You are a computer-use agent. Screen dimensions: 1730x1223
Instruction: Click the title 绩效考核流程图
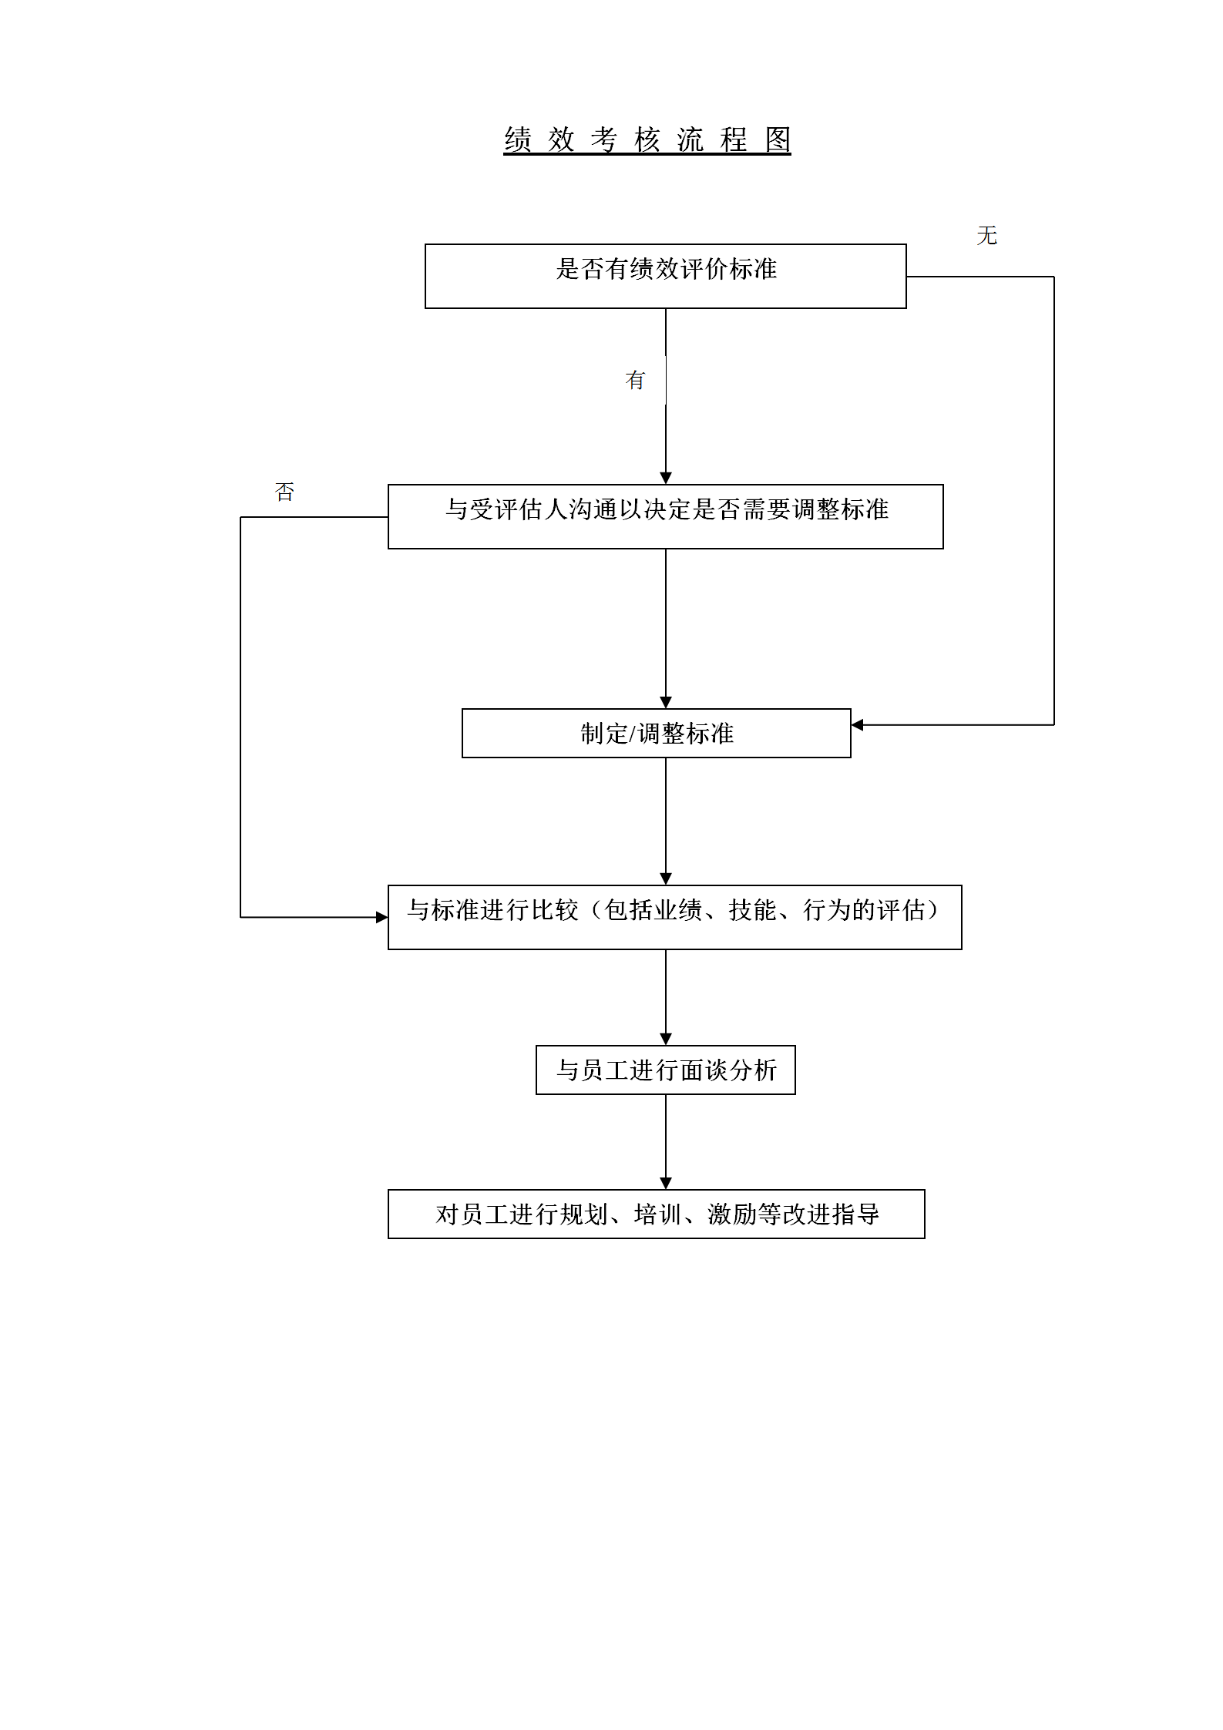pos(647,139)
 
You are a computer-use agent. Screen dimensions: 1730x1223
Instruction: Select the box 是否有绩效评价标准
pos(665,276)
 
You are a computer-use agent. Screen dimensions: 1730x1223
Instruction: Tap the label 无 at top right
pos(986,236)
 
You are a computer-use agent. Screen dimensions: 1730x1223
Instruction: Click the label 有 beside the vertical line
pos(635,380)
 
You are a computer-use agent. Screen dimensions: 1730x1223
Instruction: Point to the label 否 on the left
pos(284,492)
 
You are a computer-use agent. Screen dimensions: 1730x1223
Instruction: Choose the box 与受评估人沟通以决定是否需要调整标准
pos(665,516)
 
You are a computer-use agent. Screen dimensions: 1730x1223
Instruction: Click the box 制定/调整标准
pos(656,733)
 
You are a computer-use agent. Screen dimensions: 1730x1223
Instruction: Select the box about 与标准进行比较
pos(674,917)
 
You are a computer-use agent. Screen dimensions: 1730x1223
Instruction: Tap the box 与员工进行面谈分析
pos(665,1070)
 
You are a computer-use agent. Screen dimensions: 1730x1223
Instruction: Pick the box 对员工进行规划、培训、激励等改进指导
pos(656,1214)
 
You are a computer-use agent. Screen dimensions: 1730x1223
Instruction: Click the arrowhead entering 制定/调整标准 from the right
pos(857,725)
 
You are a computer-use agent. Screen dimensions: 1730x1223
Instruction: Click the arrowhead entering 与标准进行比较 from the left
pos(381,917)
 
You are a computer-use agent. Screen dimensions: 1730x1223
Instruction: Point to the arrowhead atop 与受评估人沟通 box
pos(666,478)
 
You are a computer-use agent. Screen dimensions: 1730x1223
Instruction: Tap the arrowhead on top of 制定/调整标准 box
pos(666,702)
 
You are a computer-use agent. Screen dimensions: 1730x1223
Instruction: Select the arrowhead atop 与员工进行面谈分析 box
pos(666,1039)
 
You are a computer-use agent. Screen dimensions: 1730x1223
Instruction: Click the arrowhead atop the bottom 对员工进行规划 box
pos(666,1183)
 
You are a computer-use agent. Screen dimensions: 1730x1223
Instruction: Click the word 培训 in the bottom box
pos(657,1214)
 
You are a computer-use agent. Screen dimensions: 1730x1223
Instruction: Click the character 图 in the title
pos(778,139)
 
